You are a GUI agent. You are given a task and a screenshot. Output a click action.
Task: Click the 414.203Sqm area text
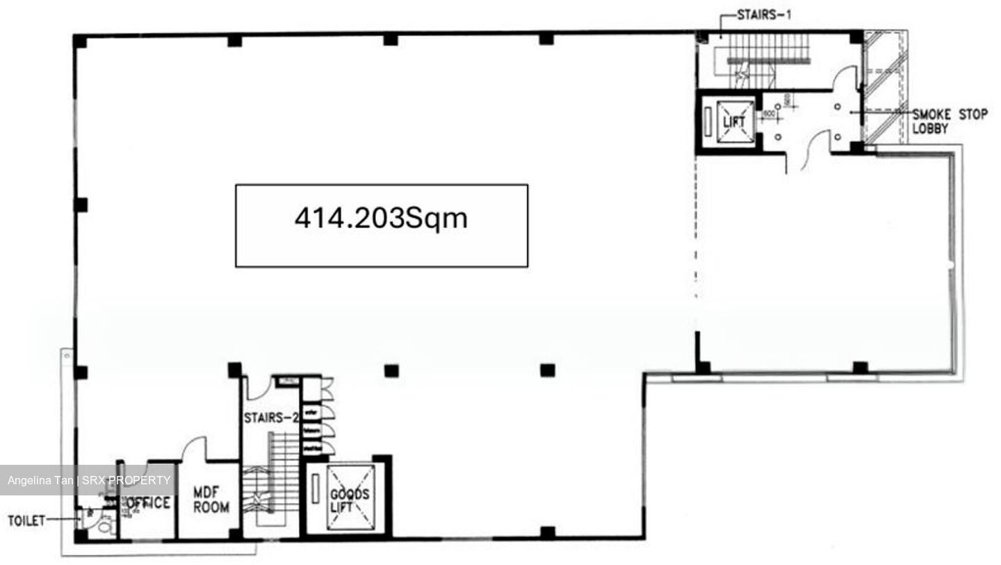pos(381,218)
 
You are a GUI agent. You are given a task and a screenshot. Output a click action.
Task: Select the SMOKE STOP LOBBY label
pos(949,121)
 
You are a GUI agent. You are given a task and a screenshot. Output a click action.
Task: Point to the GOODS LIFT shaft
pos(345,497)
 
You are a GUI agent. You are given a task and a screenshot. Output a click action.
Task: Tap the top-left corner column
pos(81,42)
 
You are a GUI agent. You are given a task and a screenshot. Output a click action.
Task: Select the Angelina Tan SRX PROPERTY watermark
pos(89,480)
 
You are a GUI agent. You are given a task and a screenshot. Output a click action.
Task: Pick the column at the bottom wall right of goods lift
pos(548,533)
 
